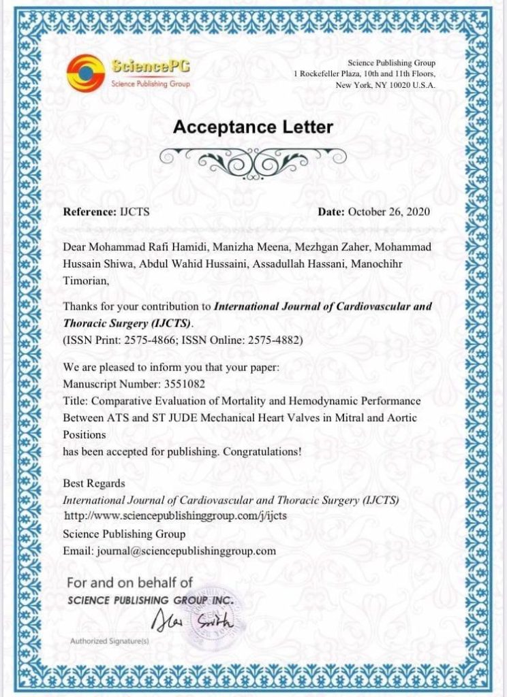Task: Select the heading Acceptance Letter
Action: coord(253,127)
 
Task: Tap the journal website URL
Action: coord(180,515)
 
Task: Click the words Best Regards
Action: coord(94,483)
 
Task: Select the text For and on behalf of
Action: coord(129,582)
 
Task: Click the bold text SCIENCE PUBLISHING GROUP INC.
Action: coord(151,600)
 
